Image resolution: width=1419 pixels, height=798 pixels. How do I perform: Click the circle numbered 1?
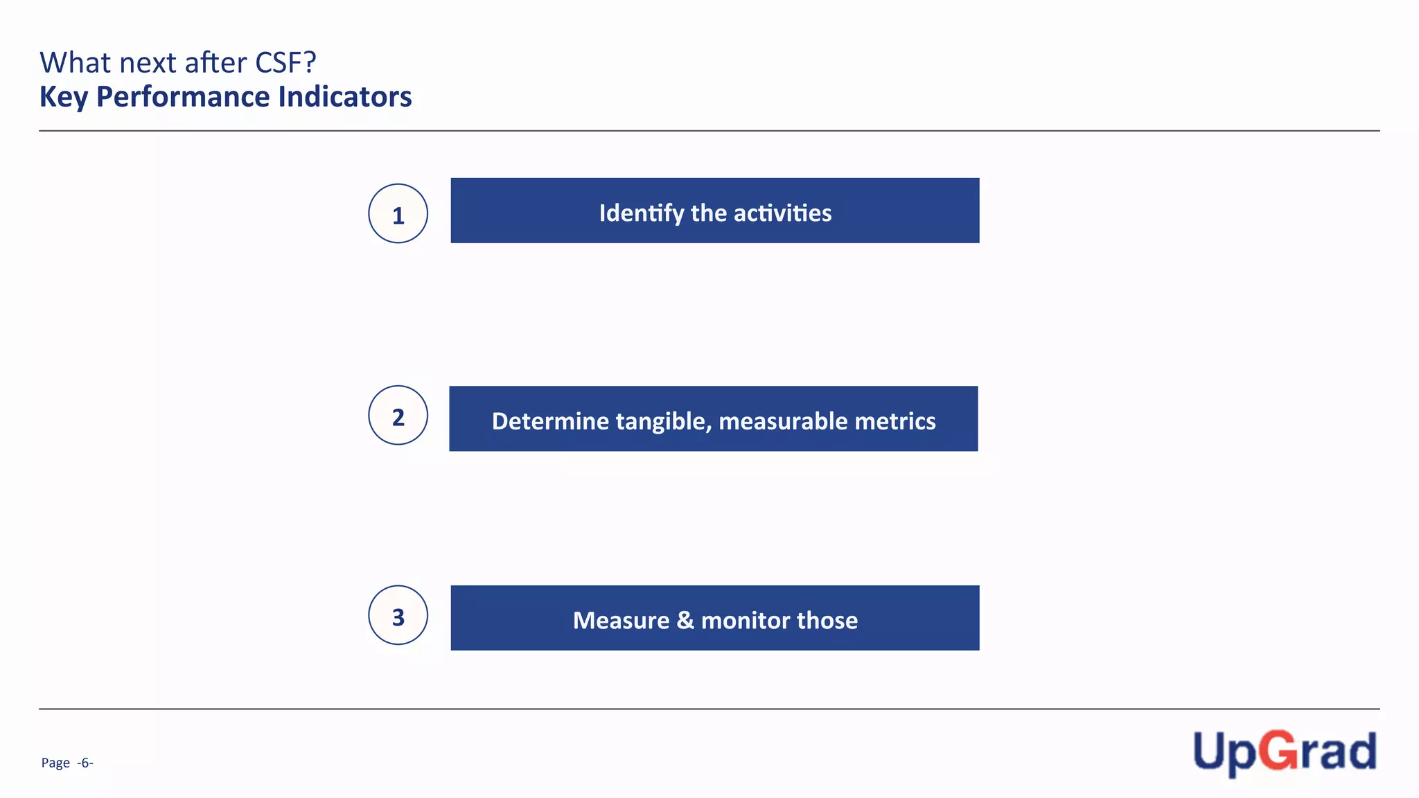point(398,213)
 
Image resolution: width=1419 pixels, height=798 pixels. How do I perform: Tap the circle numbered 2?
point(398,416)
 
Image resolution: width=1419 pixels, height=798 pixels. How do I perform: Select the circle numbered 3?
point(398,615)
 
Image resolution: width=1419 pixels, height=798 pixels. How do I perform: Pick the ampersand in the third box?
point(685,620)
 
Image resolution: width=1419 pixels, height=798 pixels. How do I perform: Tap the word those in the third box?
point(827,620)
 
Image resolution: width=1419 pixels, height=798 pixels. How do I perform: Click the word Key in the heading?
point(64,97)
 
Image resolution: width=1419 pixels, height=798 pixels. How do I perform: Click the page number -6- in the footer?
point(85,763)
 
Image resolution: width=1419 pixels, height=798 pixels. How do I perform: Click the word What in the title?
point(76,63)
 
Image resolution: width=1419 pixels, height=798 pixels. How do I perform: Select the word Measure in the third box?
point(621,620)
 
